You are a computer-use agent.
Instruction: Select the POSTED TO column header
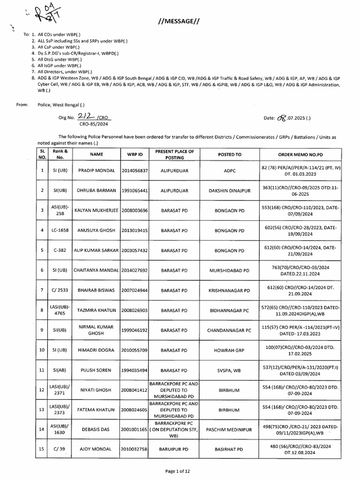point(230,154)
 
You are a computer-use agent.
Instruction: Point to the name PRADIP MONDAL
point(96,170)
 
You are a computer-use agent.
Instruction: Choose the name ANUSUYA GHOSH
point(96,231)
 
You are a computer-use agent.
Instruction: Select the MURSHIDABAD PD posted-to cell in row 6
point(230,270)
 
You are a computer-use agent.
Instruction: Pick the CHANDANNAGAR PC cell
point(230,330)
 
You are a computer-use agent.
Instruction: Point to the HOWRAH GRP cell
point(230,350)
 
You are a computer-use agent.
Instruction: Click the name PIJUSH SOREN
point(96,370)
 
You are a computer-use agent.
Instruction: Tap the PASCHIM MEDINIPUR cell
point(230,428)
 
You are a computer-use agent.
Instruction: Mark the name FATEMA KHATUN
point(96,409)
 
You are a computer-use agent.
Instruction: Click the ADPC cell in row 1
point(230,170)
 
